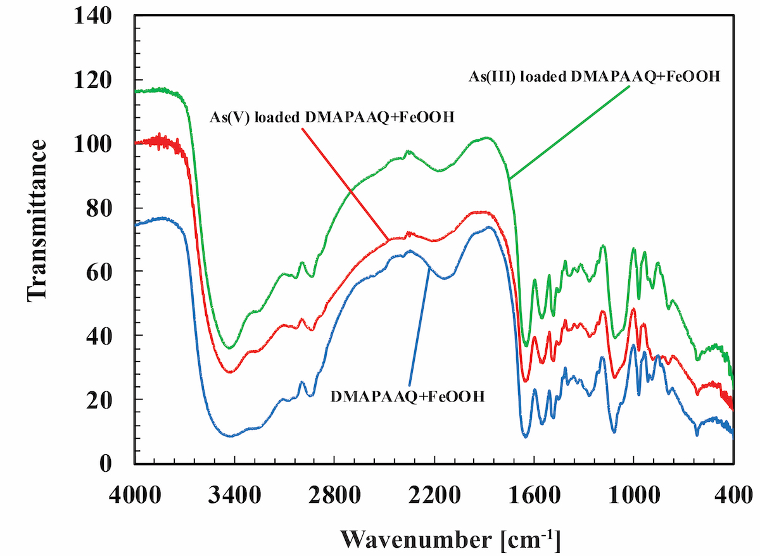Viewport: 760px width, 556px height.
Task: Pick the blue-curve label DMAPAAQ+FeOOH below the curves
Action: point(408,398)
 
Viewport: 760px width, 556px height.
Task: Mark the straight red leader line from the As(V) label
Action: point(345,184)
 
